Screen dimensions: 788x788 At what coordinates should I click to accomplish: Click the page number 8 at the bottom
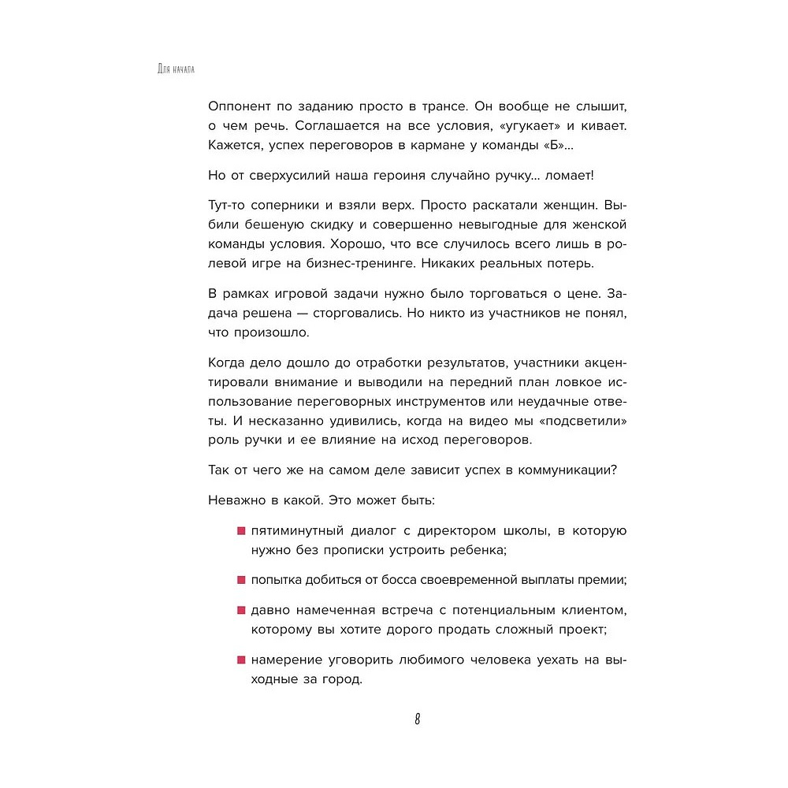(x=417, y=719)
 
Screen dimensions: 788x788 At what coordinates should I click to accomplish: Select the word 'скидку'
(x=320, y=225)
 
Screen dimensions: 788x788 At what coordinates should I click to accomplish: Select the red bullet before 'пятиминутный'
(x=241, y=531)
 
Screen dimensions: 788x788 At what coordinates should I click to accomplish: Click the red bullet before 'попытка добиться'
(x=241, y=580)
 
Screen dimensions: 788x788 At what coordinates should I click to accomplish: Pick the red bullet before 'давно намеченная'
(x=241, y=610)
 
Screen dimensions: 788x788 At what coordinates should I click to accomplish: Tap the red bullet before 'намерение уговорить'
(x=241, y=660)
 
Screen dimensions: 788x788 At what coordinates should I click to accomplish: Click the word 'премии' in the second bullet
(x=605, y=581)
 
